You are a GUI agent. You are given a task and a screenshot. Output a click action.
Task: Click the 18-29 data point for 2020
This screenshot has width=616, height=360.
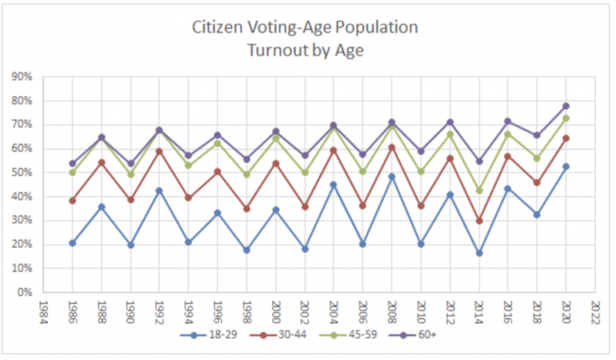pyautogui.click(x=565, y=167)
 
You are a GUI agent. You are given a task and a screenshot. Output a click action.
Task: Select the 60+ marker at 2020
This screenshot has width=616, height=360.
pyautogui.click(x=565, y=106)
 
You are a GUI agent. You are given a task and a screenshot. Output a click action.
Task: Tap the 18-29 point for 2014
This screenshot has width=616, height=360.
pyautogui.click(x=478, y=253)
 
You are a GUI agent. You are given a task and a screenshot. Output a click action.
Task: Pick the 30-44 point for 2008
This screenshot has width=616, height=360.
pyautogui.click(x=391, y=147)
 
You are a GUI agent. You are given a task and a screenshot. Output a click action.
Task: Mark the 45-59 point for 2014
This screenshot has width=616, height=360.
pyautogui.click(x=478, y=190)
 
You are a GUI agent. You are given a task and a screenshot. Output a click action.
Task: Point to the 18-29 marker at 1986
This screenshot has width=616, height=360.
pyautogui.click(x=72, y=243)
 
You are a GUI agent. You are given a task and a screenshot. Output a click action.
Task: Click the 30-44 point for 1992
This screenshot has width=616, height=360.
pyautogui.click(x=159, y=151)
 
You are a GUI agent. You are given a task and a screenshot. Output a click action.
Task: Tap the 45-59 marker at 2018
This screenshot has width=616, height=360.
pyautogui.click(x=537, y=158)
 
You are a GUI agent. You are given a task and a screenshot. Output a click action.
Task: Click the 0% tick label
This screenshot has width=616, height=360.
pyautogui.click(x=26, y=293)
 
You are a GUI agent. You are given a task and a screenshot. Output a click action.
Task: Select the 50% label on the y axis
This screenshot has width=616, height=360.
pyautogui.click(x=23, y=173)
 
